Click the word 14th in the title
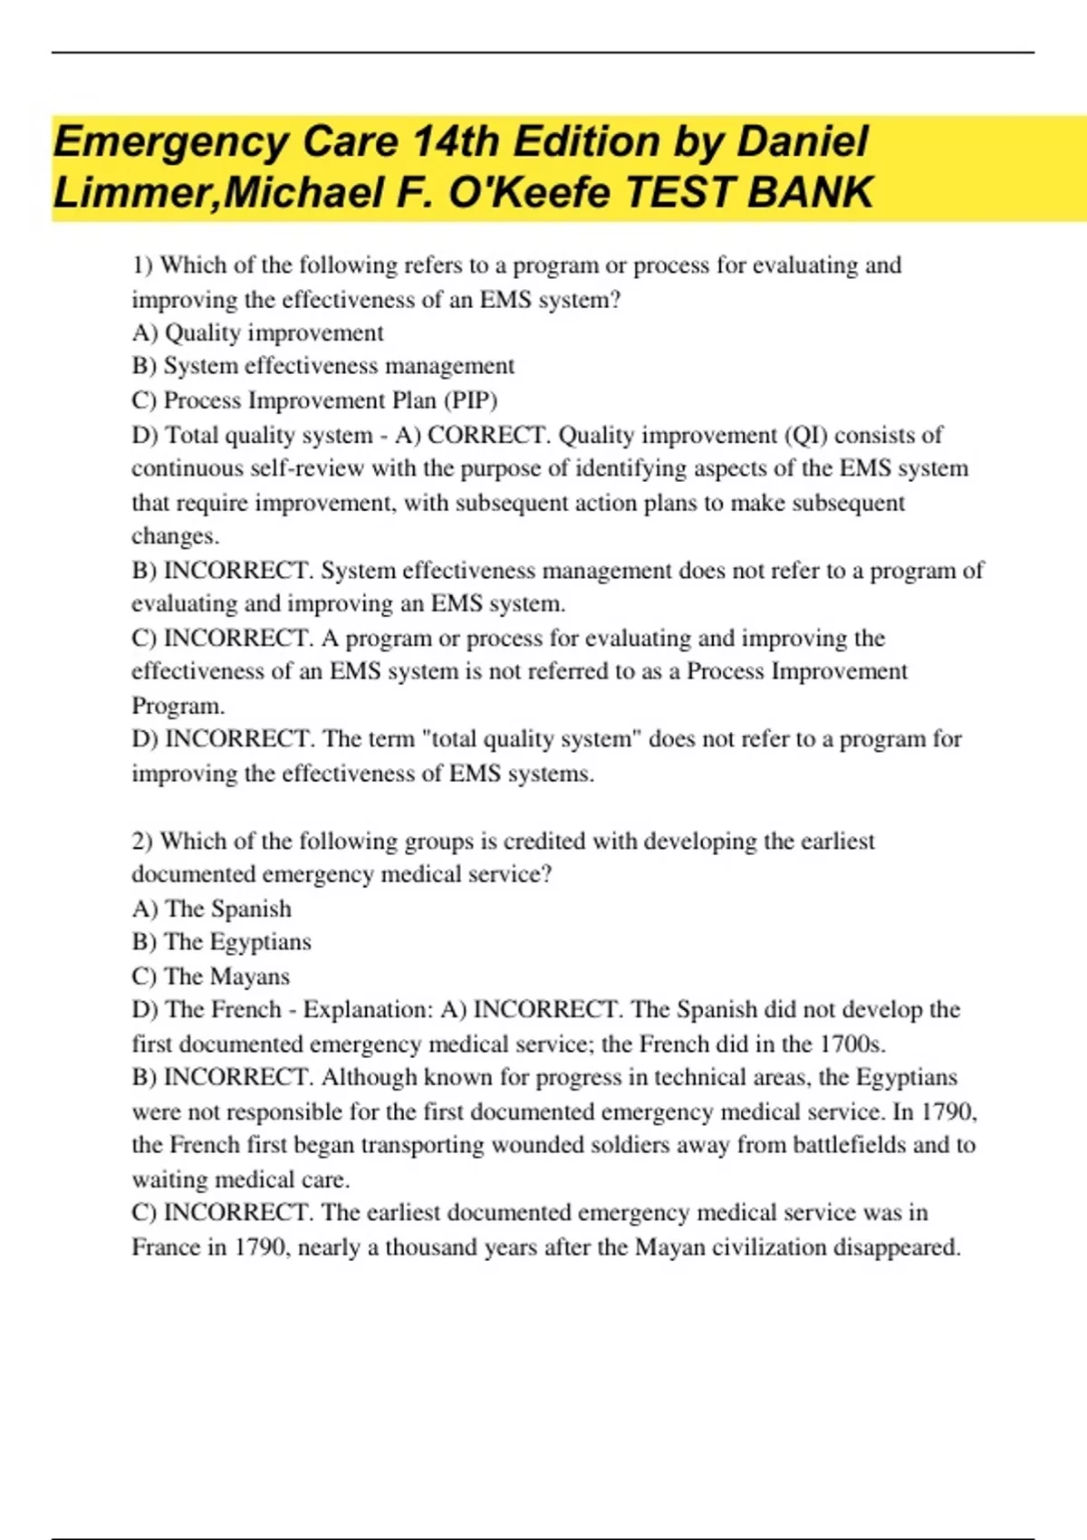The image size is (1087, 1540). [456, 142]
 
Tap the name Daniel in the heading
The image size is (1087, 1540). [803, 142]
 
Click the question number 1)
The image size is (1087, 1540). [143, 265]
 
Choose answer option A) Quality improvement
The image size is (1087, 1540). [257, 333]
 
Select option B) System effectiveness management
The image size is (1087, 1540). [322, 366]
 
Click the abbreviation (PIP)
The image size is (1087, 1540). [470, 400]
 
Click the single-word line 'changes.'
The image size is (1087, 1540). [176, 536]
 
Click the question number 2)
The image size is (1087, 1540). [143, 842]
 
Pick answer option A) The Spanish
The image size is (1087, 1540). [212, 909]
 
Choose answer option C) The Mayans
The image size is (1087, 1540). [211, 977]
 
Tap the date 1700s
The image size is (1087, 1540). [852, 1044]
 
